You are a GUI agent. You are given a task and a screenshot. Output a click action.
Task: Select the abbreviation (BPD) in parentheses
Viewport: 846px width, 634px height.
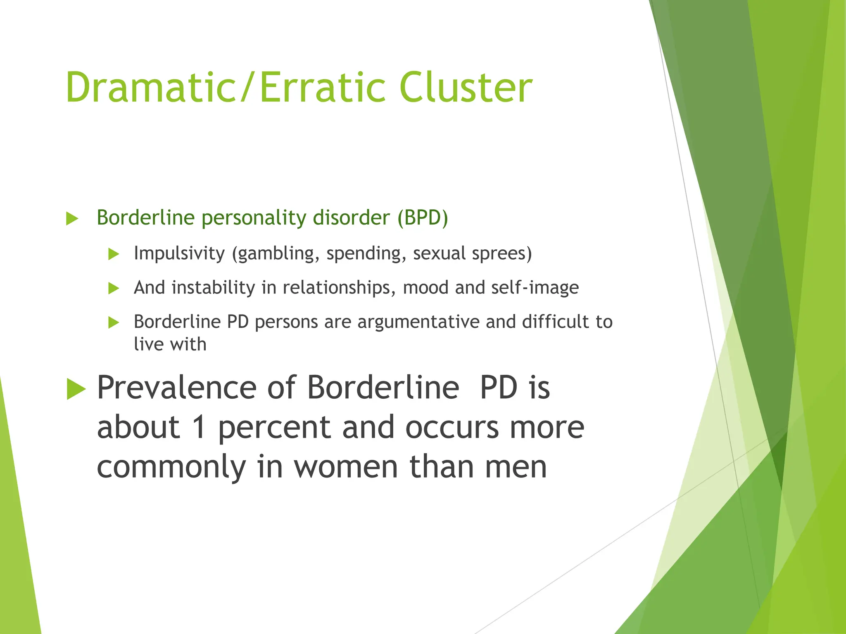423,218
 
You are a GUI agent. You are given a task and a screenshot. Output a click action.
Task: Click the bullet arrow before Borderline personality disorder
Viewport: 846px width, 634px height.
72,218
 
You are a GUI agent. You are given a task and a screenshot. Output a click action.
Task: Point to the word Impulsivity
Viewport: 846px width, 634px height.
179,253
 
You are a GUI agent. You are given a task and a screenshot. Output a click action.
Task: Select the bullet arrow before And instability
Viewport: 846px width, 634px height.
113,288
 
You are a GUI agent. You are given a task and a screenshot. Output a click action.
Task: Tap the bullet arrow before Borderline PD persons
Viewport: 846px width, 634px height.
113,322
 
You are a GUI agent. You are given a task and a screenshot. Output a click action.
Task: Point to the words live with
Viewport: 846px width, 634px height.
170,344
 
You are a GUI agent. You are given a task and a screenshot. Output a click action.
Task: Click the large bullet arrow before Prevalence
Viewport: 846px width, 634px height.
76,389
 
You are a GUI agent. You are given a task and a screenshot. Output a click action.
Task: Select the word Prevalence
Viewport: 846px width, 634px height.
177,388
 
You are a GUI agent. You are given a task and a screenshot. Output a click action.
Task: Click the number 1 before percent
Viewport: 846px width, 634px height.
200,427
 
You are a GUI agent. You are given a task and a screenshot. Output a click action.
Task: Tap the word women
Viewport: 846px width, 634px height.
346,467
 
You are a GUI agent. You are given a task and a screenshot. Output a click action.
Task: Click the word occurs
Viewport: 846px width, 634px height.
452,427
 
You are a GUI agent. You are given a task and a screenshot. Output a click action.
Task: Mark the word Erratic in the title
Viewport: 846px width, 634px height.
323,88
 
